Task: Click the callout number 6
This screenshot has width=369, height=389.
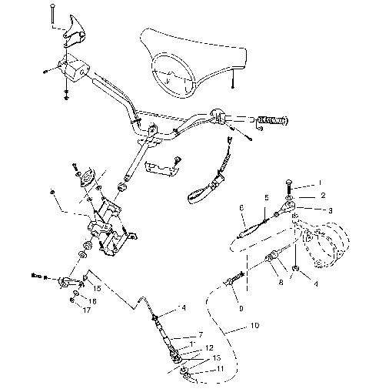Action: click(241, 207)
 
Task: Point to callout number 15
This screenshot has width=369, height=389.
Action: click(98, 287)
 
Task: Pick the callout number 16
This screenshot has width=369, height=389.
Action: click(94, 300)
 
